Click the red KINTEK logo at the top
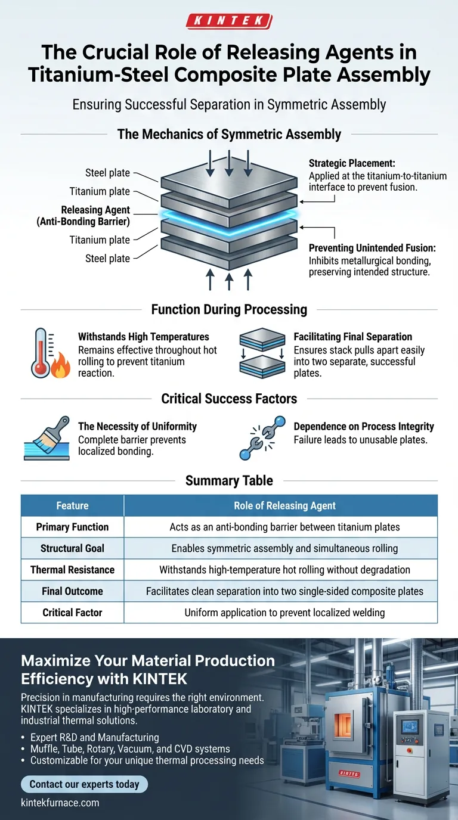tap(229, 22)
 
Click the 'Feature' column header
tap(72, 505)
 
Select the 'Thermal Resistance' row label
tap(72, 570)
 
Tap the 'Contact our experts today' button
tap(83, 784)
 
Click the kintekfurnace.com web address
tap(60, 803)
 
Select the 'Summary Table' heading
tap(229, 480)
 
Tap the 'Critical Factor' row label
tap(72, 613)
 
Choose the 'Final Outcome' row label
tap(72, 591)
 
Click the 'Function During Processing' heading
tap(229, 309)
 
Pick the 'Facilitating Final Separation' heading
tap(352, 337)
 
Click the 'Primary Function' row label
tap(72, 527)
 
